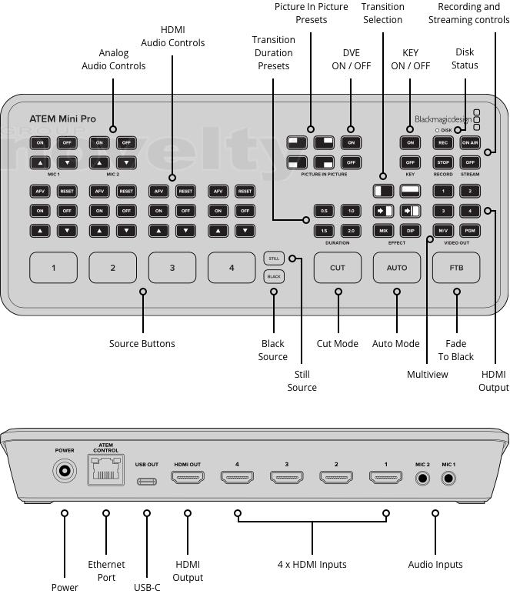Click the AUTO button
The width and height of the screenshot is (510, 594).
397,268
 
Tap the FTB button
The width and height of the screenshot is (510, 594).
456,268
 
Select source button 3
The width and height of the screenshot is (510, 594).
172,268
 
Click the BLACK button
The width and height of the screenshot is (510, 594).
274,276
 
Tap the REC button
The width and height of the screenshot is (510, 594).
442,142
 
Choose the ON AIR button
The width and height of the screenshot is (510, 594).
470,142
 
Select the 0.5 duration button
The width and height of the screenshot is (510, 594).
323,211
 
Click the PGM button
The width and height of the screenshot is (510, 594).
470,230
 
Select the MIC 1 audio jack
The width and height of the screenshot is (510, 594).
448,478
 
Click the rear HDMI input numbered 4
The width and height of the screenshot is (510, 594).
237,478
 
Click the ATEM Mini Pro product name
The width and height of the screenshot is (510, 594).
62,119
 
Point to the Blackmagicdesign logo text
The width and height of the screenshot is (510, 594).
442,119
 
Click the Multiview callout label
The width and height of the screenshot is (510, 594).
427,374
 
